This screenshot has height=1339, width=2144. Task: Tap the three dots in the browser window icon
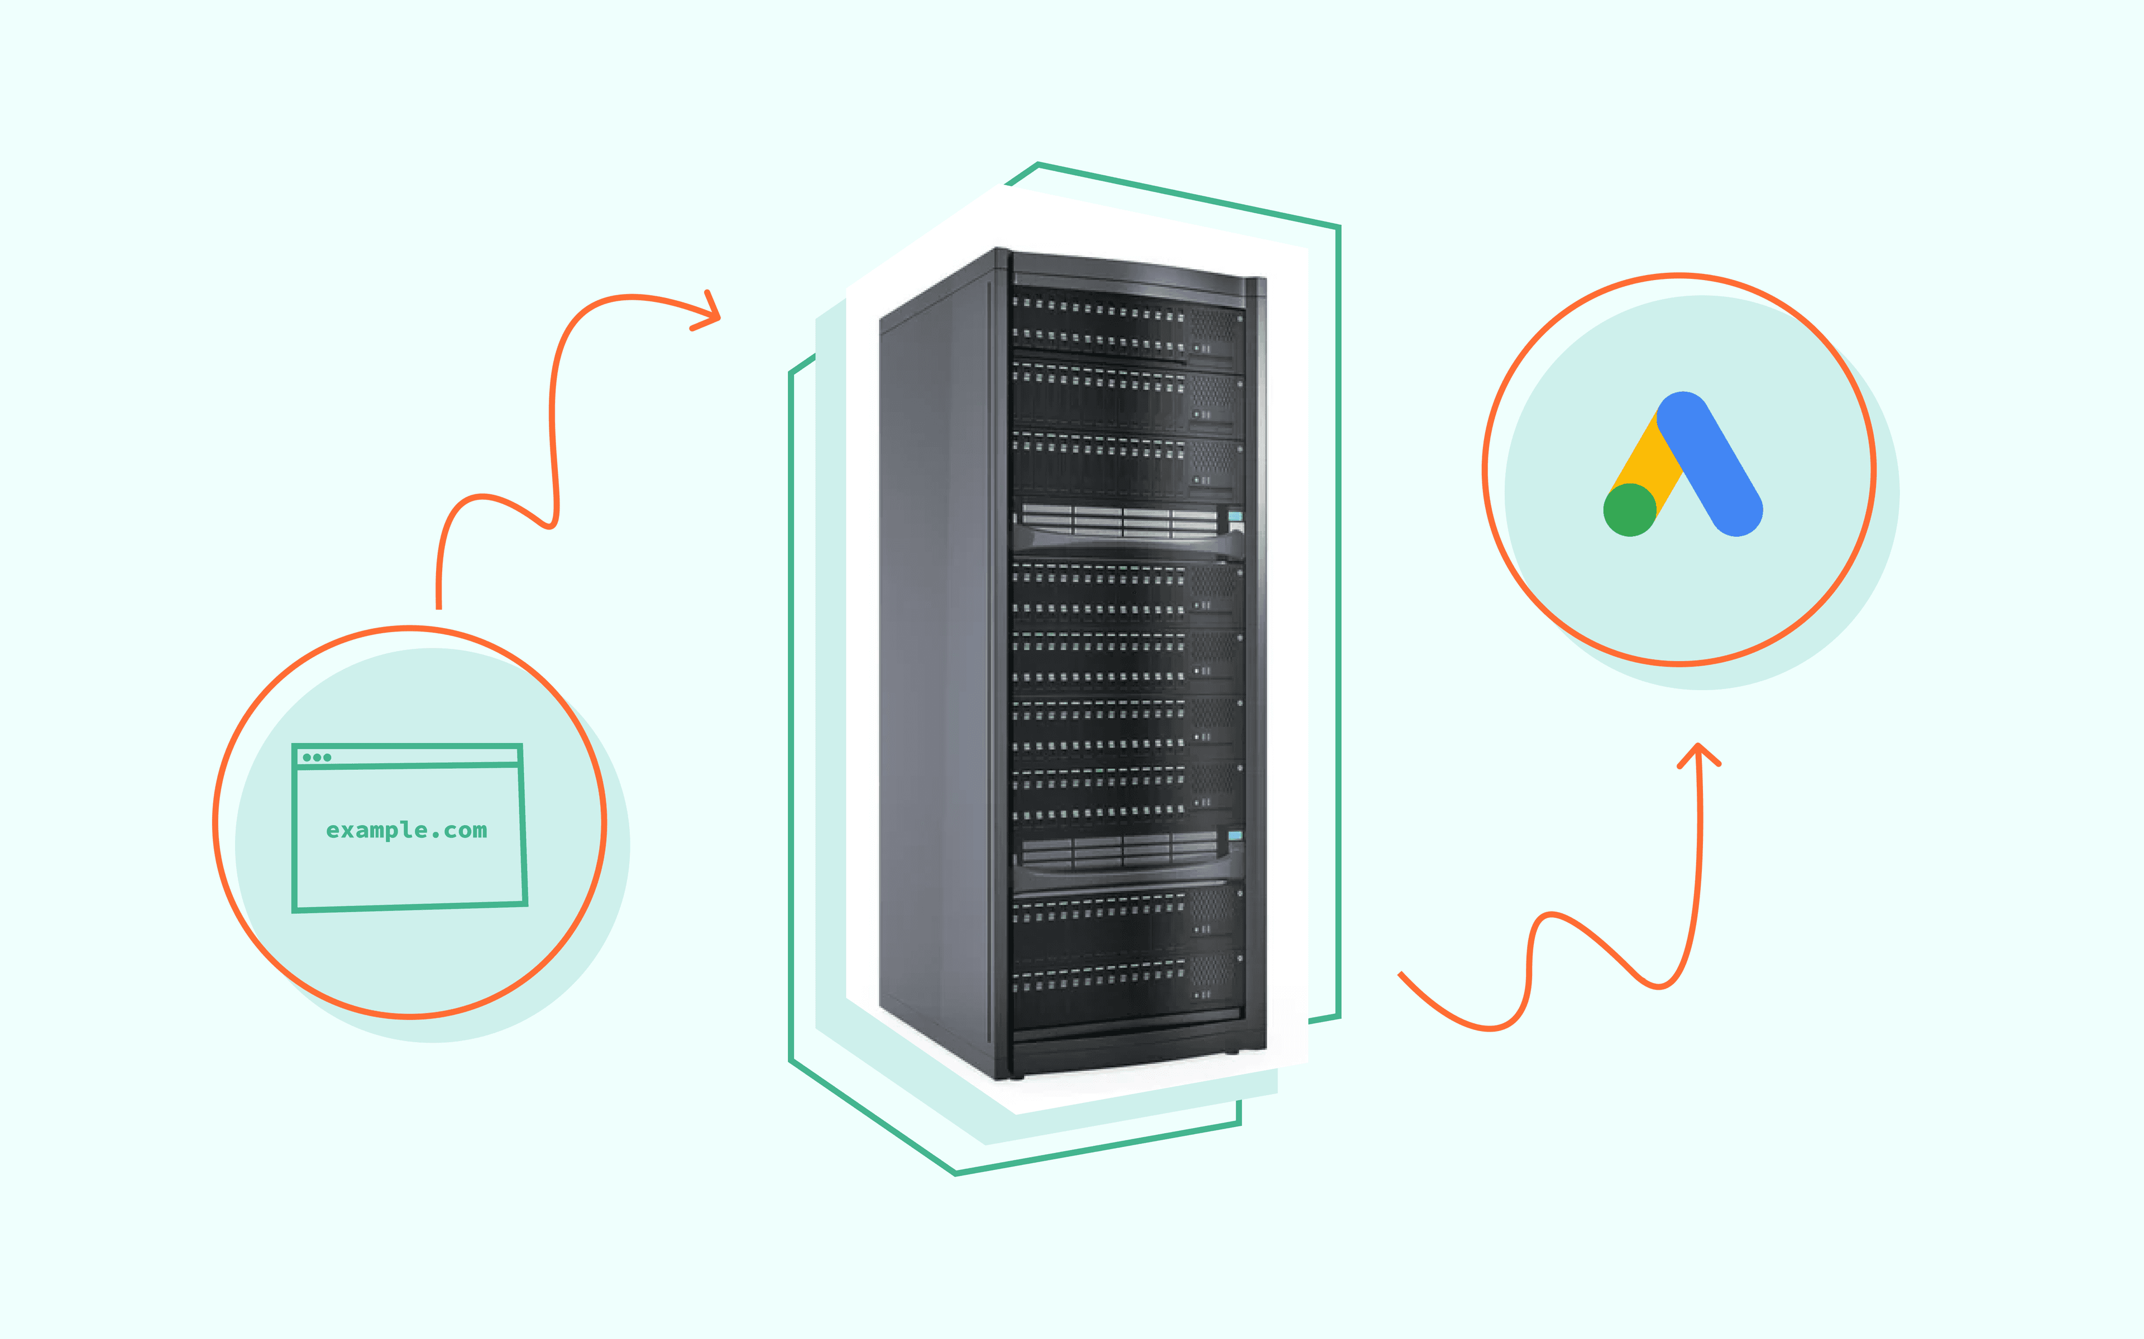click(x=316, y=757)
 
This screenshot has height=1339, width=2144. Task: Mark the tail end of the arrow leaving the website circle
click(x=438, y=606)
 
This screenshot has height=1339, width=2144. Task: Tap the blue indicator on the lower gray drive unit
click(x=1235, y=835)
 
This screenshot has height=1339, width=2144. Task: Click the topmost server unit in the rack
click(x=1125, y=323)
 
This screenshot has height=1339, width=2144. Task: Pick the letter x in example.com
click(x=348, y=831)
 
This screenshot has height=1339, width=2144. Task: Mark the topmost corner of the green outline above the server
click(x=1037, y=165)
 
